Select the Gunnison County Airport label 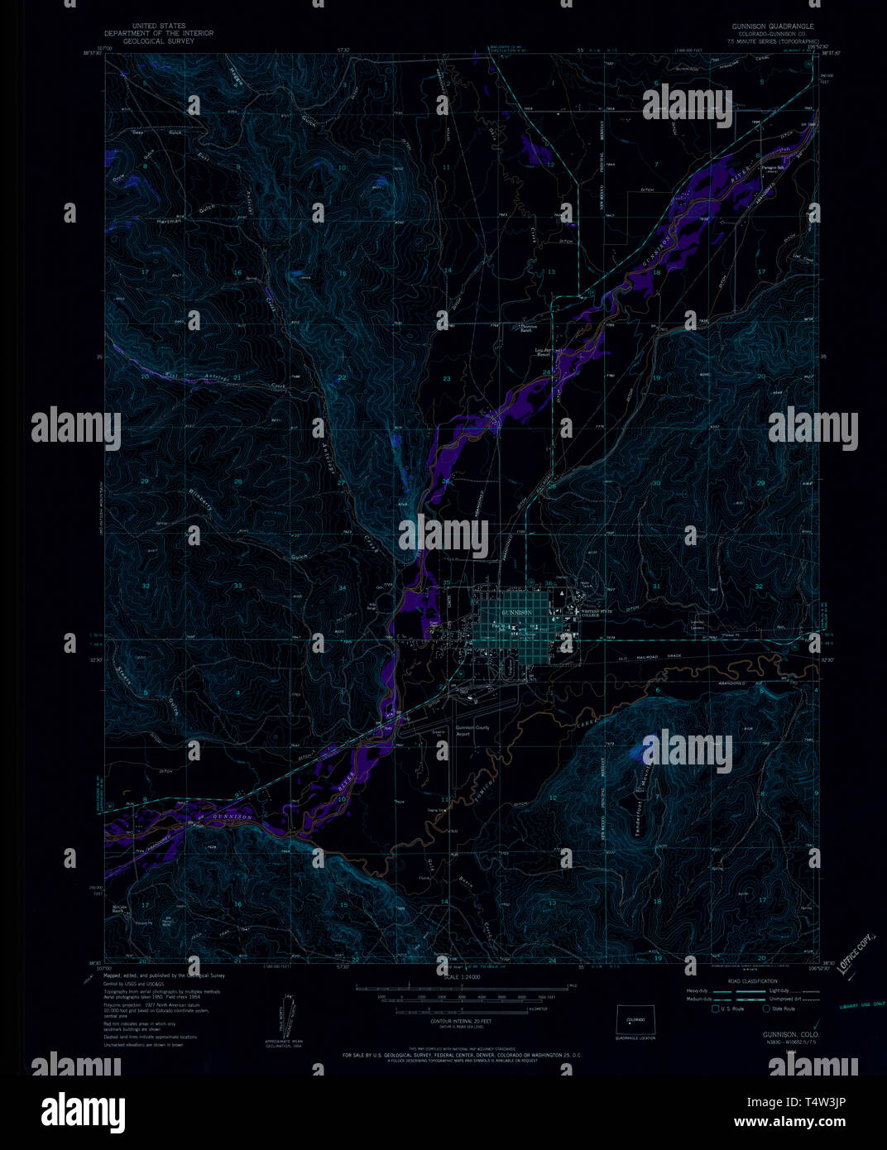tap(472, 731)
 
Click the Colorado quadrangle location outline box tap(635, 1019)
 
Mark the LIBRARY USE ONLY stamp tap(861, 1004)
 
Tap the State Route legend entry tap(783, 1009)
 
